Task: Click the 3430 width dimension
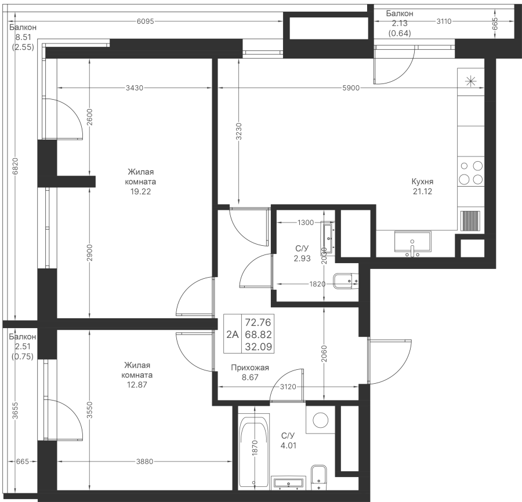point(134,88)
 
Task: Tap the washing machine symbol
point(319,419)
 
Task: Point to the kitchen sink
point(412,242)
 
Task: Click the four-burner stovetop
point(470,172)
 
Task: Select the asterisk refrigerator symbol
point(470,81)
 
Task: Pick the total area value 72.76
point(259,322)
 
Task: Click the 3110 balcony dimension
point(444,22)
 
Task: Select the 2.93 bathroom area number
point(302,259)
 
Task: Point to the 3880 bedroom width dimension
point(144,462)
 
